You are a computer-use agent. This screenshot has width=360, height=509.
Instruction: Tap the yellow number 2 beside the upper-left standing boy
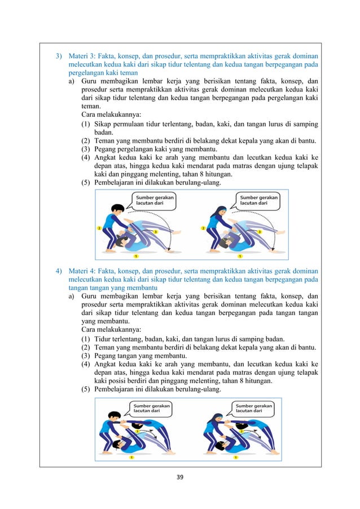coord(99,228)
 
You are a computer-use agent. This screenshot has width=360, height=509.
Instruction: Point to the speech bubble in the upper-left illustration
coord(154,201)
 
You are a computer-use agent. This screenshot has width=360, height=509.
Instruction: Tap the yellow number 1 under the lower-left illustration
coord(131,457)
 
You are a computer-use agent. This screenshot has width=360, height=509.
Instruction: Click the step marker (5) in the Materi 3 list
coord(87,183)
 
